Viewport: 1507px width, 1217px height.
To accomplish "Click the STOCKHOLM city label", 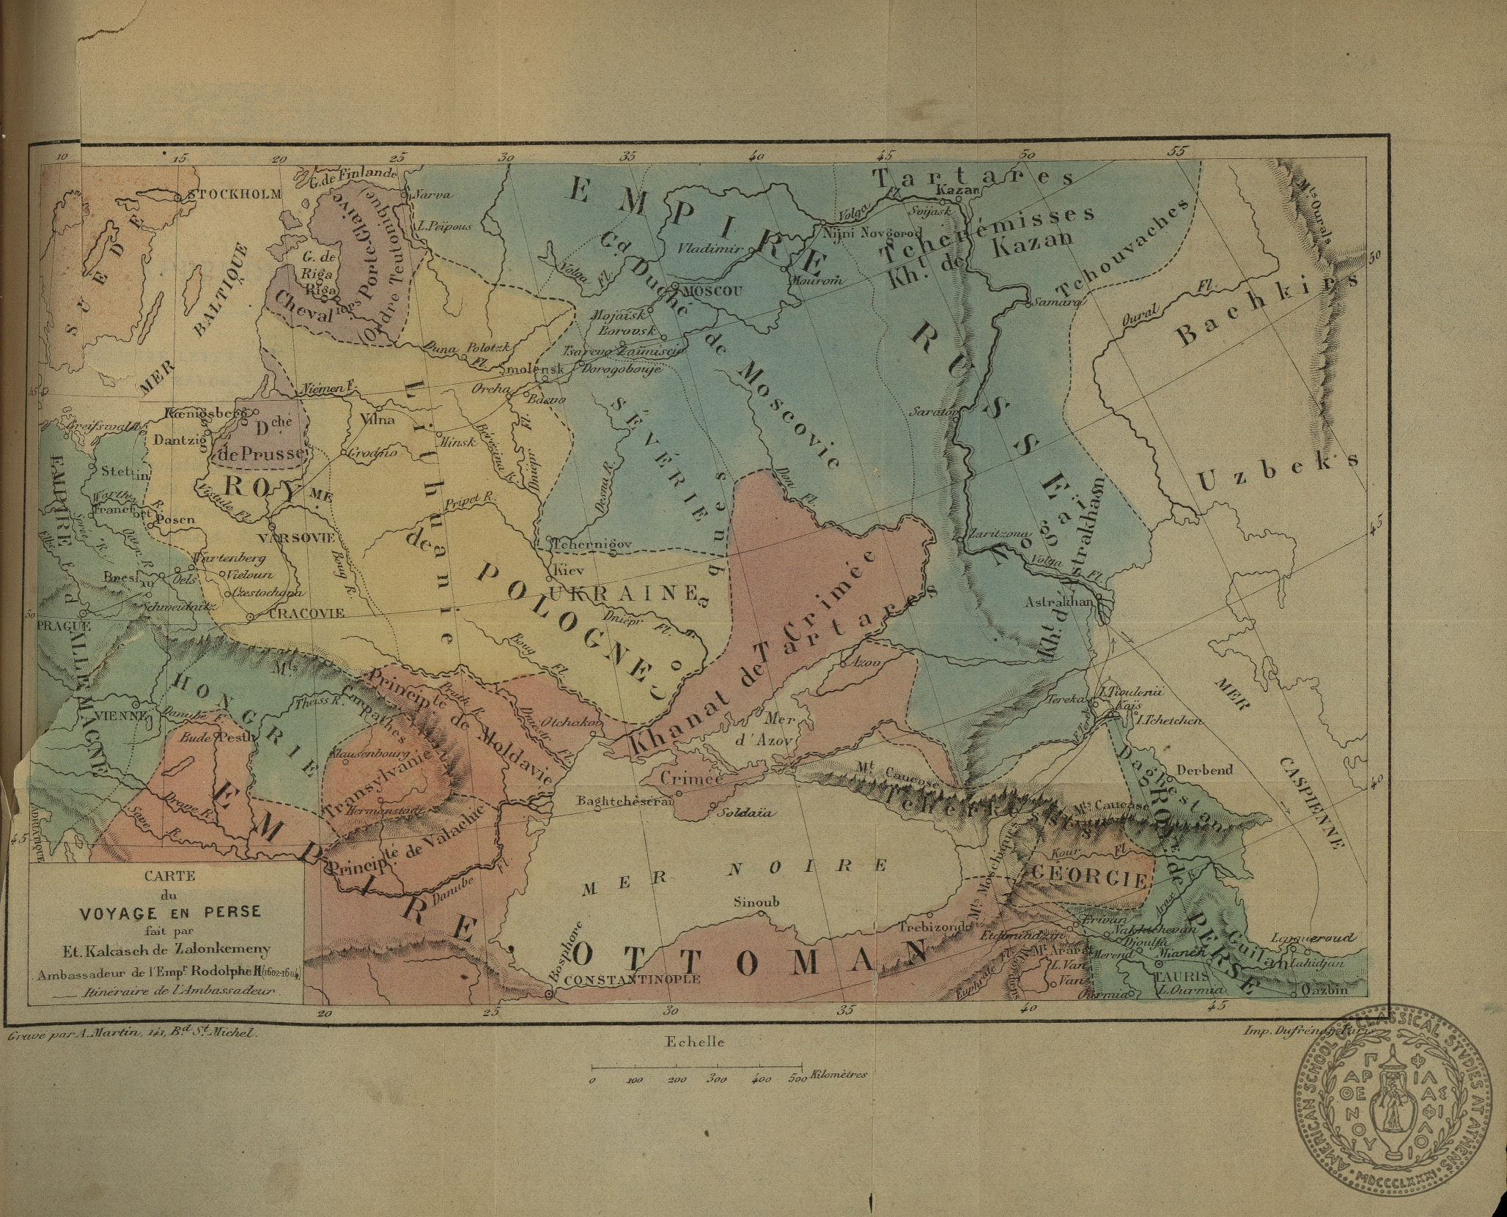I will click(x=235, y=195).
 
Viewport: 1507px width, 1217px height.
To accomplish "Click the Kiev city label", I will click(x=568, y=569).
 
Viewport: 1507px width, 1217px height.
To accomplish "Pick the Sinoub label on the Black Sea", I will click(x=756, y=903).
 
